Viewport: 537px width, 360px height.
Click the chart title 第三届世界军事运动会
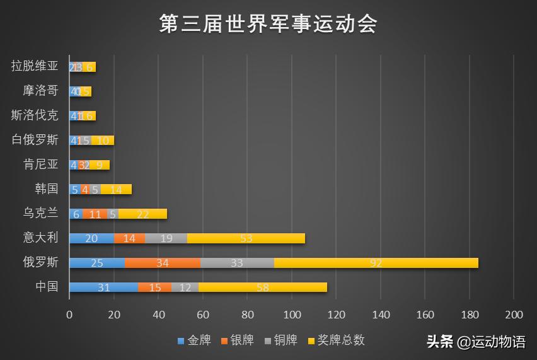(x=268, y=25)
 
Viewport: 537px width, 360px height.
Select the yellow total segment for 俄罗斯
(x=376, y=263)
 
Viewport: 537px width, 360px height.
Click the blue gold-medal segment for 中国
(x=103, y=287)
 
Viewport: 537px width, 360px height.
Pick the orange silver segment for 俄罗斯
(x=163, y=263)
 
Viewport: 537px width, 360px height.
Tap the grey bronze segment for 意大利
(x=167, y=238)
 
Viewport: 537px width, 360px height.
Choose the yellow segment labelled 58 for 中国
(x=263, y=287)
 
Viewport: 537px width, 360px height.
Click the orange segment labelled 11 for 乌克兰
(x=95, y=214)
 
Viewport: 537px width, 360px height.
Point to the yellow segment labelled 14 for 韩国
(x=116, y=189)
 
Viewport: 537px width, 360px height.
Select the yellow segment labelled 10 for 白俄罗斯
(x=103, y=140)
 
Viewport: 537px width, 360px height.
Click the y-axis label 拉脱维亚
(x=35, y=66)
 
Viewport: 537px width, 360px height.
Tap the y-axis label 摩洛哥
(x=40, y=91)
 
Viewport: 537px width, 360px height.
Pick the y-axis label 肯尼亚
(x=40, y=165)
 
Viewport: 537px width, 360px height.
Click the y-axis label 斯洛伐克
(x=35, y=115)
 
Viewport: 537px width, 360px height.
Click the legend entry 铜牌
(x=280, y=340)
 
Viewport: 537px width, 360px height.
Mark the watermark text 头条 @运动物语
(x=476, y=342)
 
